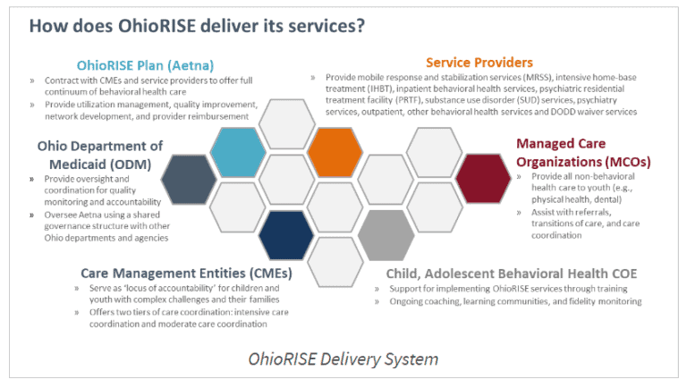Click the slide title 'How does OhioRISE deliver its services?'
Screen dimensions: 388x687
(197, 25)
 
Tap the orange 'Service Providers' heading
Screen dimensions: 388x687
(479, 63)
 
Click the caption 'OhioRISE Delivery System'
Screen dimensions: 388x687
(343, 359)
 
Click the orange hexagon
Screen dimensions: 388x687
(334, 151)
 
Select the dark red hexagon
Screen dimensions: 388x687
(482, 178)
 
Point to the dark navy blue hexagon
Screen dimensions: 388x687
(284, 234)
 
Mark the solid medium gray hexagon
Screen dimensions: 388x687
(384, 234)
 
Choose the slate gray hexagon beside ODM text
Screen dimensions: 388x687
(188, 178)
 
